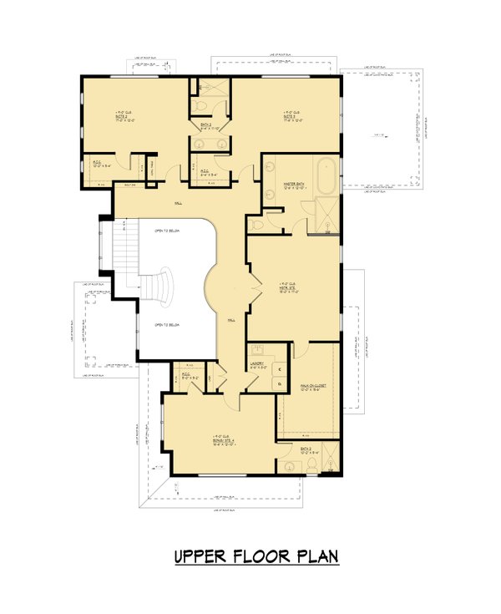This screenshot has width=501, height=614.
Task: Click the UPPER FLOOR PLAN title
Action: (256, 556)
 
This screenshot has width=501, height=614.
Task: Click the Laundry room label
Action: (257, 363)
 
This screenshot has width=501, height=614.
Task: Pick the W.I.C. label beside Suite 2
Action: (97, 164)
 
